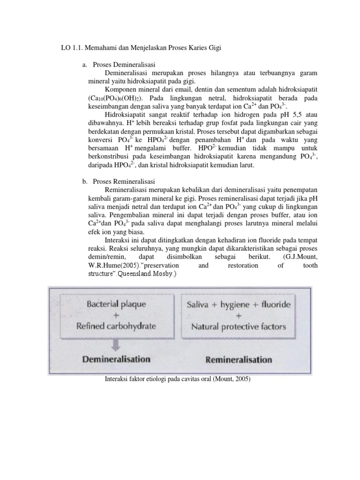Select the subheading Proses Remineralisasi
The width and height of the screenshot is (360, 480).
pyautogui.click(x=124, y=181)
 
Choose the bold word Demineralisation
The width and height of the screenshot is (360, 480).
pyautogui.click(x=116, y=360)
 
